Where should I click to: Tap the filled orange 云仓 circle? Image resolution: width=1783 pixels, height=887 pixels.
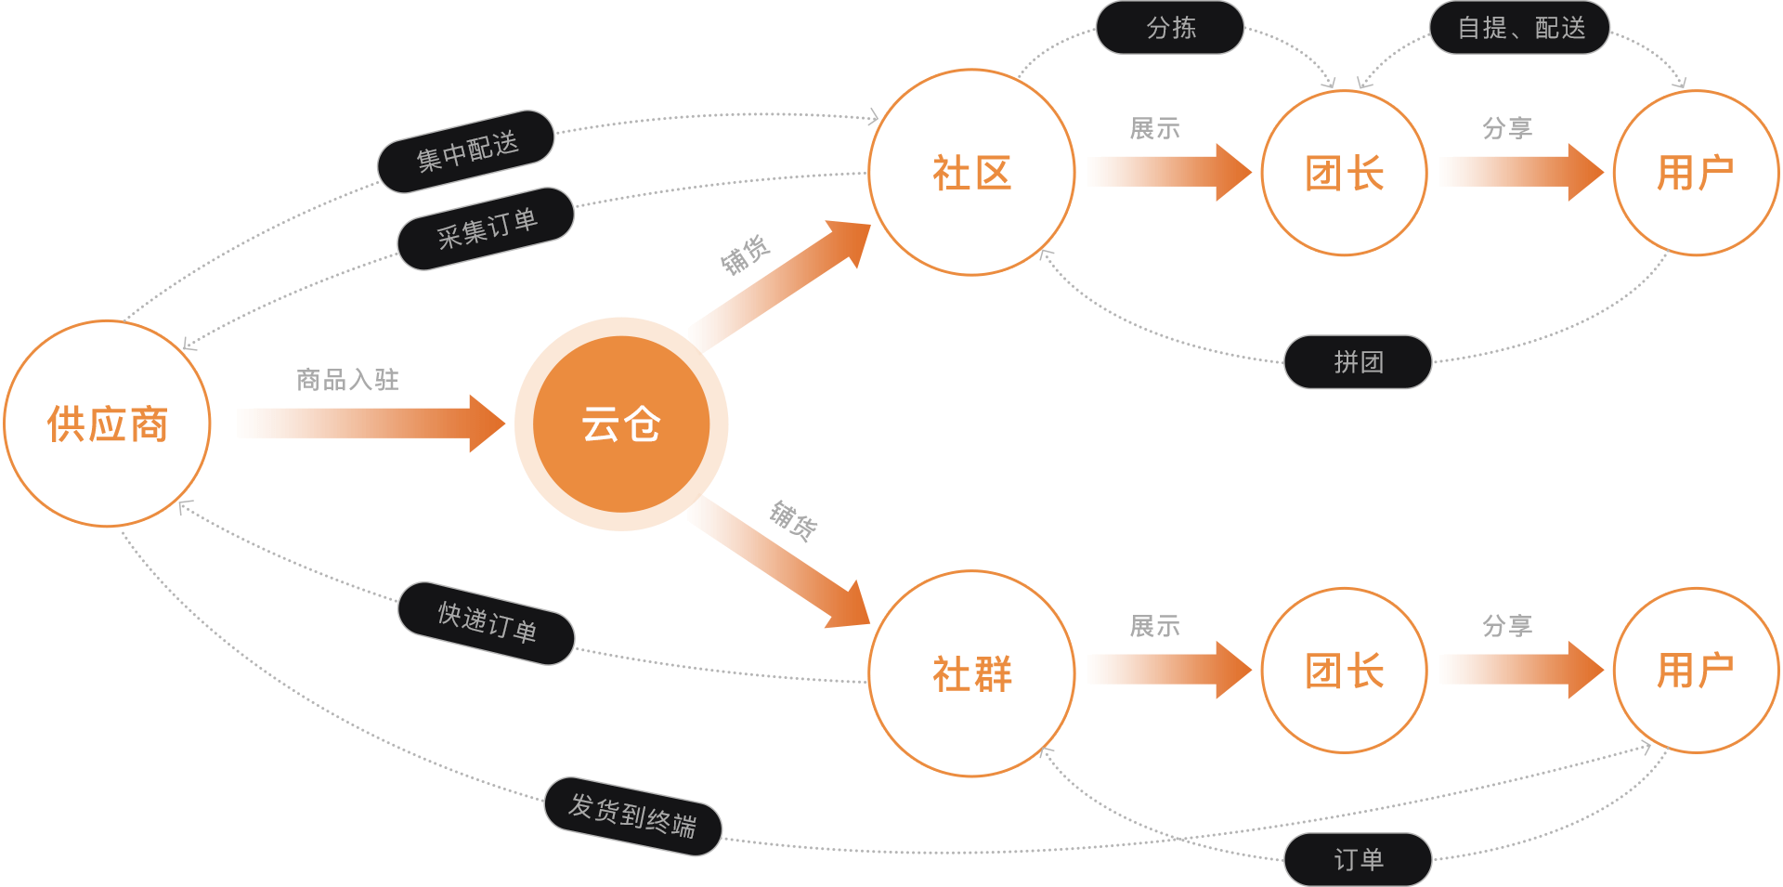click(x=621, y=424)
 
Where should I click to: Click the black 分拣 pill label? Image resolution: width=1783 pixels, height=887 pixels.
click(x=1170, y=28)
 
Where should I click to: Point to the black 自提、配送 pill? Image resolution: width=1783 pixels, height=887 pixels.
click(x=1520, y=28)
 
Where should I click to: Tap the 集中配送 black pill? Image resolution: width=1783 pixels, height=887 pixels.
click(x=466, y=151)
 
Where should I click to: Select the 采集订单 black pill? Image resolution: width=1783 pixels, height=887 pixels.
click(x=486, y=228)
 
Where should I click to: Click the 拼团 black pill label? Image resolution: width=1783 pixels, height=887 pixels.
click(x=1358, y=361)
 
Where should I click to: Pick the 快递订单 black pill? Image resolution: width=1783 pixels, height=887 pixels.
click(x=487, y=623)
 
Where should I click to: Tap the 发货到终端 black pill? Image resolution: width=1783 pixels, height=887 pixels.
click(x=632, y=815)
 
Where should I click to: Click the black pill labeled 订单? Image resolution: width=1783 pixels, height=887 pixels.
click(x=1358, y=859)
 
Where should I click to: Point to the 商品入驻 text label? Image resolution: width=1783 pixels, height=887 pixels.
click(x=347, y=379)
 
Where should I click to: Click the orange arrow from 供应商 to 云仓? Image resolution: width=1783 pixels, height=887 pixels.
click(x=371, y=424)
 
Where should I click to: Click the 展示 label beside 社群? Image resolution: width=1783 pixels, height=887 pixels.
click(x=1155, y=626)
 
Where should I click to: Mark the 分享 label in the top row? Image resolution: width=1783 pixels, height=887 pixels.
click(x=1507, y=127)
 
